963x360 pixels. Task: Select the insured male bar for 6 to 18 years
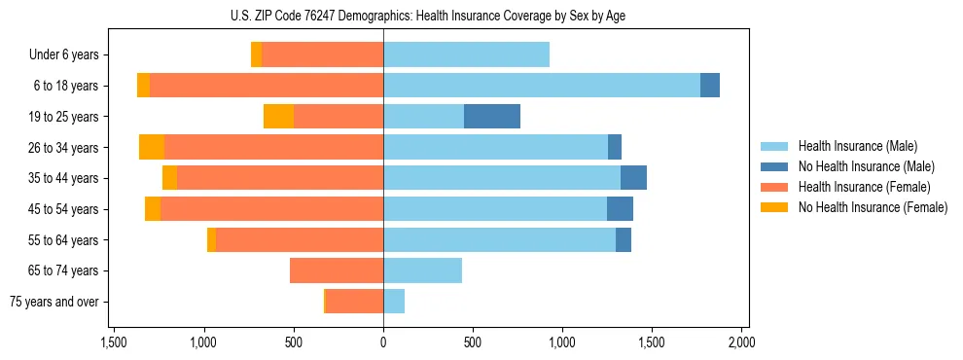click(542, 86)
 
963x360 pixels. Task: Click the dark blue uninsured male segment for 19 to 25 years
click(492, 117)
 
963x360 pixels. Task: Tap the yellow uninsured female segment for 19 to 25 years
click(279, 117)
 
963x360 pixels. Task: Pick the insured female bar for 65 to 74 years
click(337, 270)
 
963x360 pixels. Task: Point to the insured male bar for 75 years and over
click(394, 302)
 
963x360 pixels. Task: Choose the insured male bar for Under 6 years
click(467, 54)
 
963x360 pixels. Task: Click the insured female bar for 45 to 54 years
click(272, 209)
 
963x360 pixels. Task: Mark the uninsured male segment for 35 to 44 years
click(633, 178)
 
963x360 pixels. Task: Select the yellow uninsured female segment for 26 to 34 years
click(152, 147)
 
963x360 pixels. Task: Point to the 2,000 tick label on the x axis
click(741, 342)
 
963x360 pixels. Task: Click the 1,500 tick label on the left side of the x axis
click(114, 342)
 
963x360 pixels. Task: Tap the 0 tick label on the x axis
click(383, 342)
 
